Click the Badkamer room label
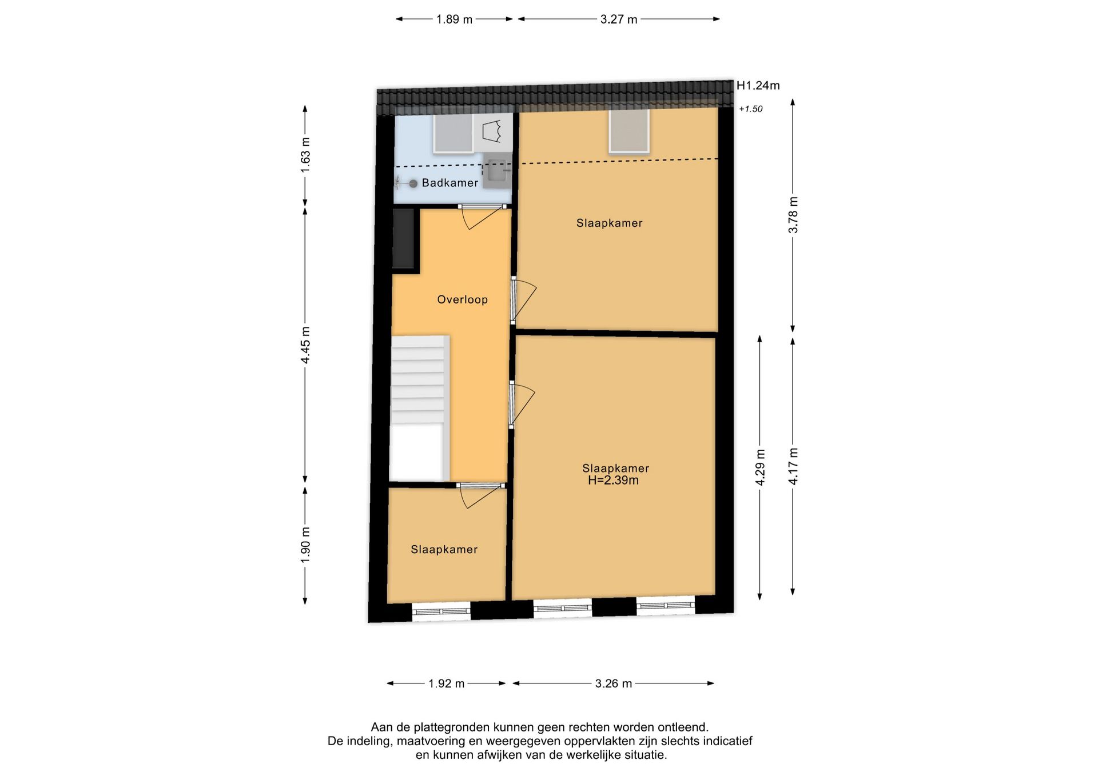tap(449, 183)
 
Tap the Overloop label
tap(462, 299)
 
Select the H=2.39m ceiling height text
tap(613, 481)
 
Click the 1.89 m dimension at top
tap(454, 19)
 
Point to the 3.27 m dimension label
tap(618, 19)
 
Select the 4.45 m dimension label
tap(305, 345)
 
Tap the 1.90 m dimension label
tap(305, 545)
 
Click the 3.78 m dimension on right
tap(793, 214)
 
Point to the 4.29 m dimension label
tap(760, 467)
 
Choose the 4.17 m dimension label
tap(793, 466)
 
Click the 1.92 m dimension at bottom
tap(446, 683)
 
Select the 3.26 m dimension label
tap(613, 683)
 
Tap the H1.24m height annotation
tap(758, 86)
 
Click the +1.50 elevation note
tap(750, 109)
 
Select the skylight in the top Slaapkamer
tap(628, 131)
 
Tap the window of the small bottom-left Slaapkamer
tap(441, 611)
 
